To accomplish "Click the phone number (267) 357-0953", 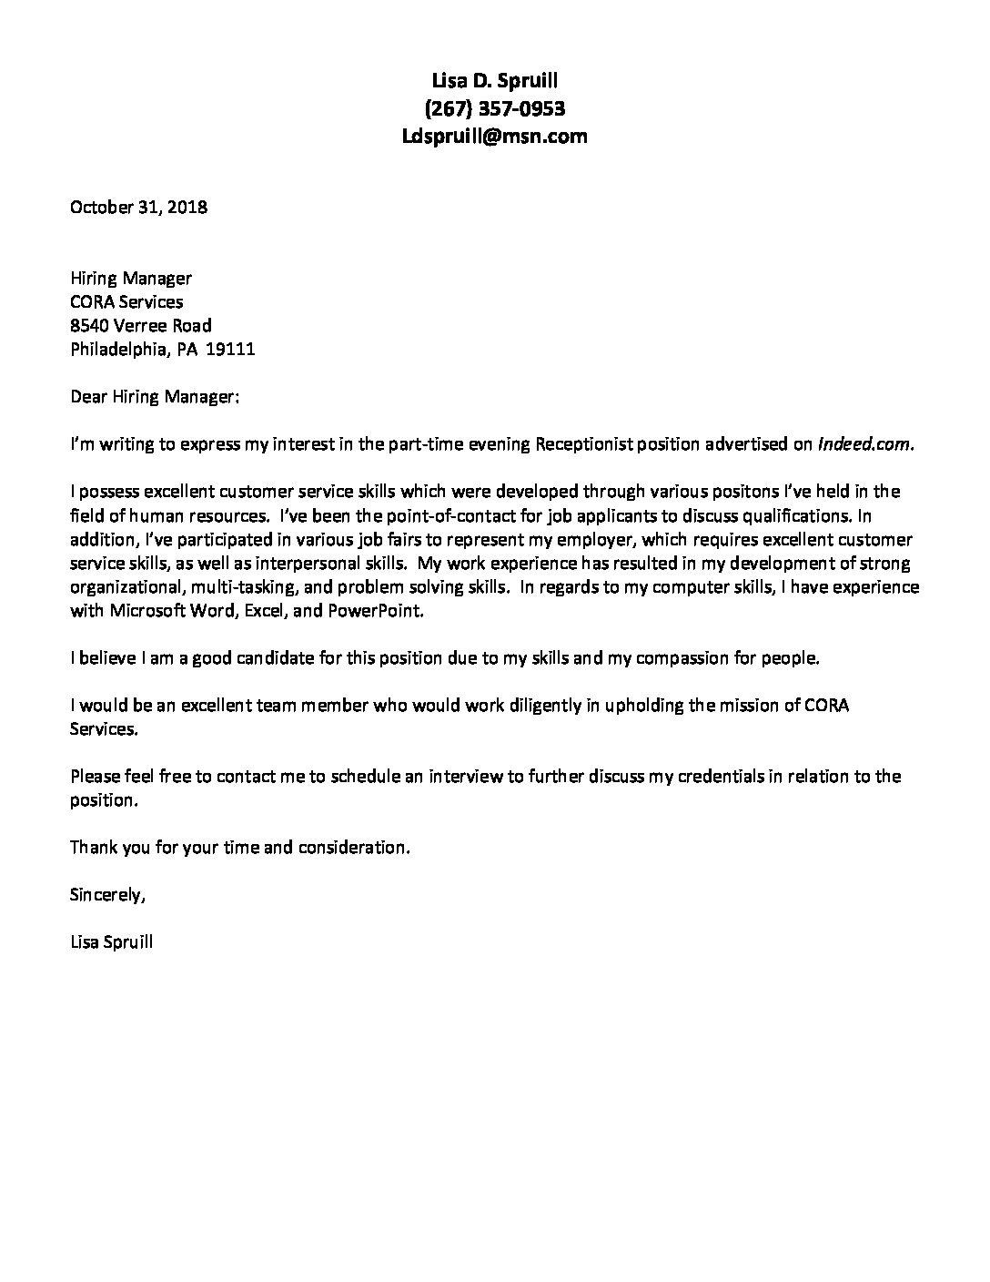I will tap(495, 109).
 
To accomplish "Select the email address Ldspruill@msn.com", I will tap(495, 137).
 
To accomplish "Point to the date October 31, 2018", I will tap(139, 207).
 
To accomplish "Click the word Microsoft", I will tap(150, 611).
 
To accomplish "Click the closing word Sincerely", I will tap(106, 895).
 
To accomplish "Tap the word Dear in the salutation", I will tap(89, 397).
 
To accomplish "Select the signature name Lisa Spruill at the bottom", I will tap(111, 942).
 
